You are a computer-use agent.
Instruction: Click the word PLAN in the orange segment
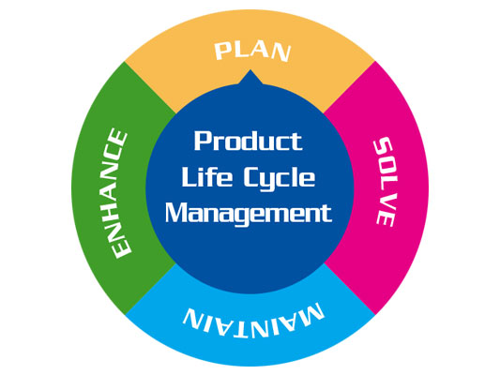pos(252,52)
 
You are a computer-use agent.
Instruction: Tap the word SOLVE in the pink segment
pos(385,182)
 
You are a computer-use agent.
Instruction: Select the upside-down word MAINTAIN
pos(253,321)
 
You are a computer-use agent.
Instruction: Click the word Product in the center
pos(248,141)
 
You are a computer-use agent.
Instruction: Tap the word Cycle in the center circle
pos(280,179)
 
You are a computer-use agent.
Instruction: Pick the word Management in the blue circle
pos(249,214)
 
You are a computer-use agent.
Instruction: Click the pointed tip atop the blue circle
pos(250,70)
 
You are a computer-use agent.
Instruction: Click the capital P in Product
pos(204,141)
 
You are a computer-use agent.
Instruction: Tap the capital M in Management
pos(176,213)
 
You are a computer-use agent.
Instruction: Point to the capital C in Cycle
pos(254,176)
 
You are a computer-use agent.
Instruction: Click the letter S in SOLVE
pos(385,146)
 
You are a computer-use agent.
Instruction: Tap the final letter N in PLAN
pos(281,53)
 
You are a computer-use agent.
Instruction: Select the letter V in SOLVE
pos(386,202)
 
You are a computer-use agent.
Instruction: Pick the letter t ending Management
pos(326,214)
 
